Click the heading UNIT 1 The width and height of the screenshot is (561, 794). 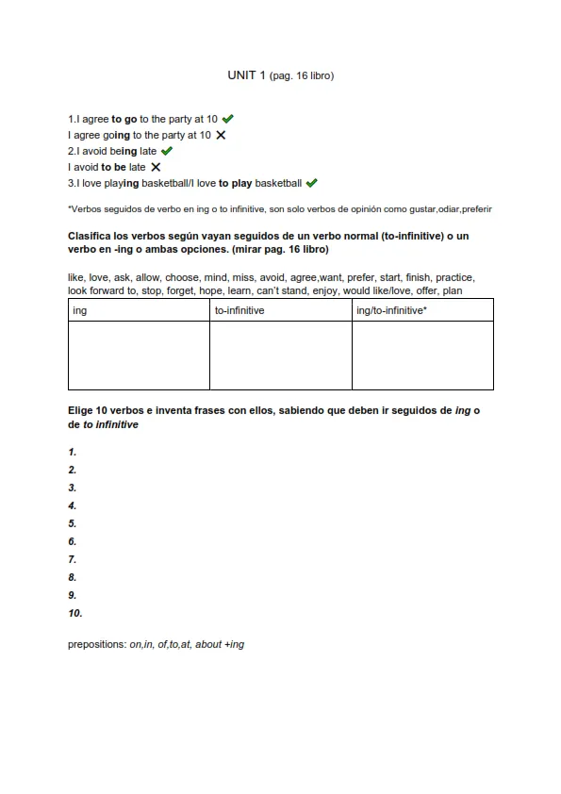tap(246, 74)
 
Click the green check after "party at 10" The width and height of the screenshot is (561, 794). tap(228, 119)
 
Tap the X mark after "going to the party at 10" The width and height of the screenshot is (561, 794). tap(221, 135)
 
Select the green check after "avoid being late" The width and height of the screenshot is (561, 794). tap(167, 151)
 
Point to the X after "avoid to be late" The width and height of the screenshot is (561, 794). tap(156, 167)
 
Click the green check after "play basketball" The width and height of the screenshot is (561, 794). tap(312, 183)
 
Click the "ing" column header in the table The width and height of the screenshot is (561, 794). tap(80, 310)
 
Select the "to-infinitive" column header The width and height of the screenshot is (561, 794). tap(239, 310)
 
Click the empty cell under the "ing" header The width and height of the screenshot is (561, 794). tap(139, 355)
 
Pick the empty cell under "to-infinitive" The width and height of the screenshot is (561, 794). tap(280, 355)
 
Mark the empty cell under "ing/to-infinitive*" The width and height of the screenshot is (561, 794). tap(422, 355)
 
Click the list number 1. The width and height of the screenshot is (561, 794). tap(73, 452)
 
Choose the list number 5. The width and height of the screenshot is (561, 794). tap(73, 523)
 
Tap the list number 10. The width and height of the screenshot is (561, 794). tap(75, 613)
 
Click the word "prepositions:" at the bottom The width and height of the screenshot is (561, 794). tap(97, 644)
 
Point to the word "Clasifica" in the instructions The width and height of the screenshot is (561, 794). tap(91, 235)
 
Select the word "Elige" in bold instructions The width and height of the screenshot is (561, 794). tap(82, 411)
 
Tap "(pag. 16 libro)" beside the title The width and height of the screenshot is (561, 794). tap(302, 75)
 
